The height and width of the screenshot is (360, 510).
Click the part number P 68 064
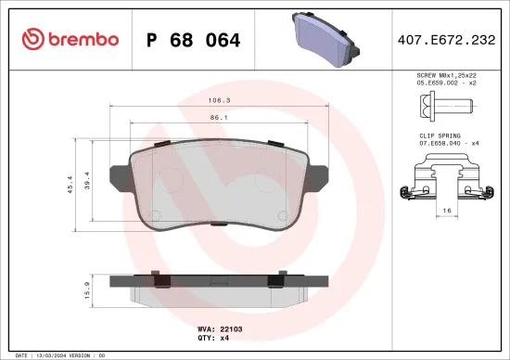point(194,40)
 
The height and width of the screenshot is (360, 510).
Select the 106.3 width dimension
point(220,99)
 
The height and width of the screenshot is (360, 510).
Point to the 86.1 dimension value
point(220,118)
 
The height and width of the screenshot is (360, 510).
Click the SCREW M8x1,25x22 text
point(447,74)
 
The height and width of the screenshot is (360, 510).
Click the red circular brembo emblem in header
point(32,39)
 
